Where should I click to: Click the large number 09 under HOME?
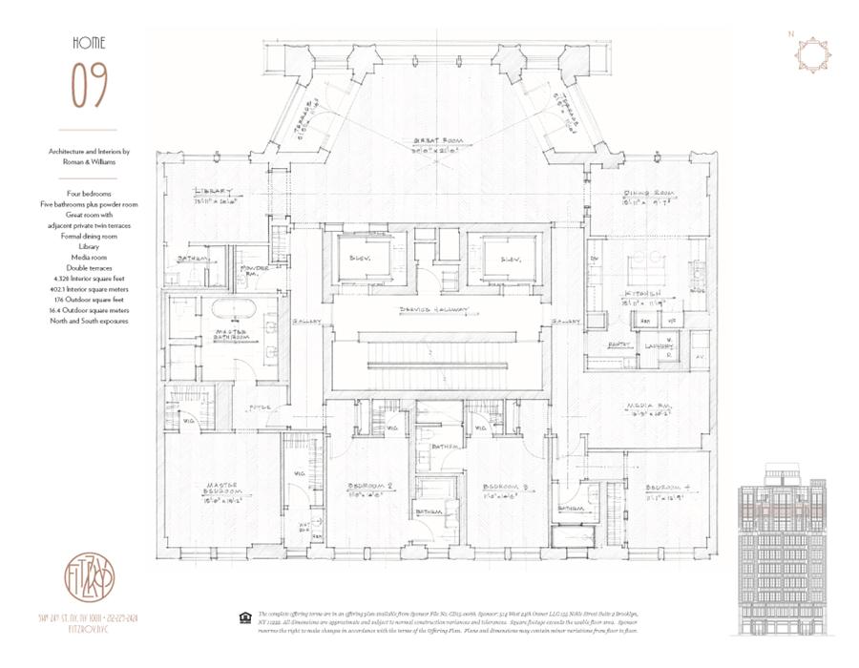pos(88,86)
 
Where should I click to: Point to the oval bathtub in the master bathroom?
pos(225,310)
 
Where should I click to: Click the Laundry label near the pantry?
pos(660,345)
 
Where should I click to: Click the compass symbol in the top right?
pos(812,54)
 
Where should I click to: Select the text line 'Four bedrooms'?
pos(90,194)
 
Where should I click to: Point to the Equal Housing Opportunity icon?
pos(244,618)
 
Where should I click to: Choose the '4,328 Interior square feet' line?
pos(90,279)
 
